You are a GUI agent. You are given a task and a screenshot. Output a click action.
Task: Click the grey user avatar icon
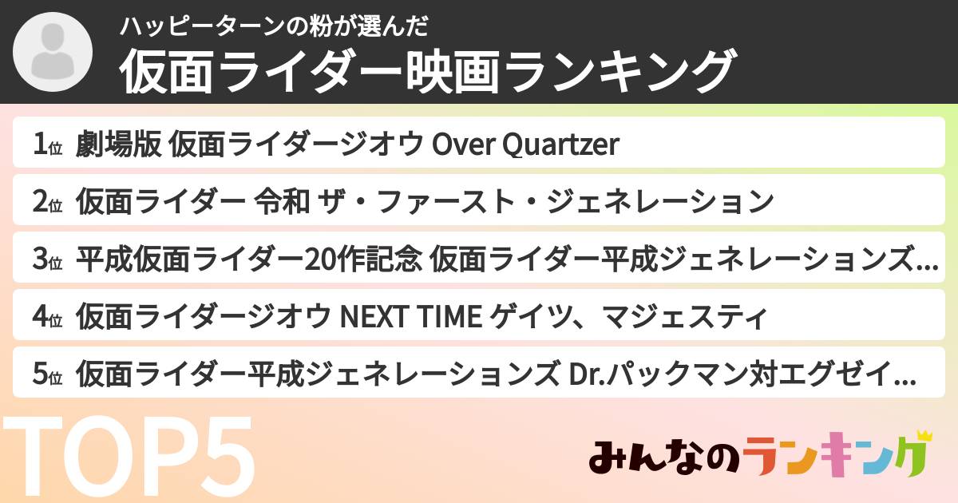click(x=53, y=53)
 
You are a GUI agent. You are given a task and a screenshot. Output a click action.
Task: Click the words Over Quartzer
click(x=525, y=145)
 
